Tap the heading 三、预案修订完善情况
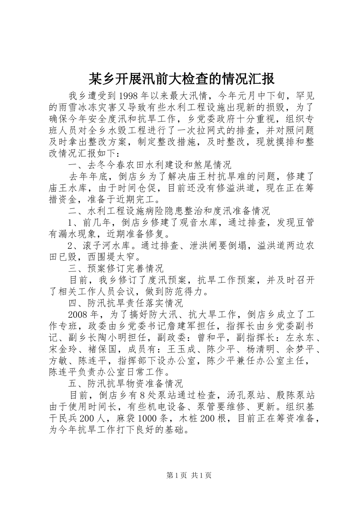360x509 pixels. coord(116,269)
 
